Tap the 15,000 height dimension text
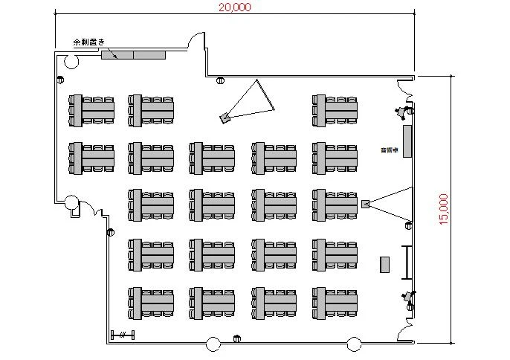pyautogui.click(x=444, y=210)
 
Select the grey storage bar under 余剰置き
pyautogui.click(x=133, y=54)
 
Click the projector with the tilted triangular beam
pyautogui.click(x=225, y=117)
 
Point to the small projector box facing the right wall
pyautogui.click(x=365, y=204)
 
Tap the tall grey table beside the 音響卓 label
pyautogui.click(x=407, y=141)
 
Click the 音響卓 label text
pyautogui.click(x=387, y=150)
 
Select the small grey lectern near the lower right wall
pyautogui.click(x=385, y=264)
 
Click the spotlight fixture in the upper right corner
pyautogui.click(x=402, y=112)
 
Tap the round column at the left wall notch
pyautogui.click(x=71, y=202)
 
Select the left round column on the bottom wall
pyautogui.click(x=213, y=344)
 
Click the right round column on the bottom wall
pyautogui.click(x=355, y=344)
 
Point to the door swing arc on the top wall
pyautogui.click(x=196, y=40)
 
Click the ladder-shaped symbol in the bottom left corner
pyautogui.click(x=123, y=334)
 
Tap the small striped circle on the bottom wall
pyautogui.click(x=237, y=338)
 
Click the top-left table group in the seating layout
pyautogui.click(x=93, y=109)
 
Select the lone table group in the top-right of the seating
pyautogui.click(x=336, y=109)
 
